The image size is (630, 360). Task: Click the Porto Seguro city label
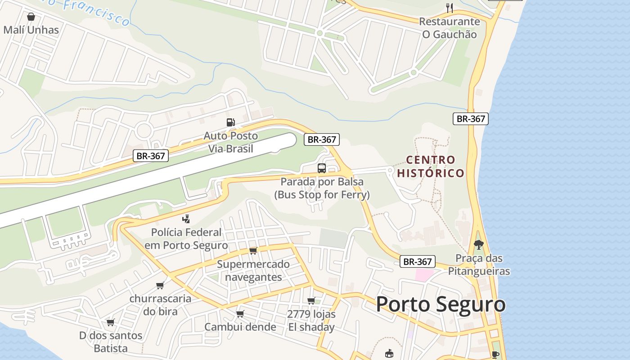click(x=441, y=305)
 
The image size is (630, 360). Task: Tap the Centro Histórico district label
click(x=431, y=166)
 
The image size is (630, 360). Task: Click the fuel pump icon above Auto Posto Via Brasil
click(x=230, y=122)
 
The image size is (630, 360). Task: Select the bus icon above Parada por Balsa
click(x=322, y=168)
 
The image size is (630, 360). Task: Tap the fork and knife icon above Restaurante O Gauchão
click(x=449, y=8)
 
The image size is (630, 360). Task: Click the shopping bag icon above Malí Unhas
click(x=31, y=17)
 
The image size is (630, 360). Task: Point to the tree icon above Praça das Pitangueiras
click(x=478, y=245)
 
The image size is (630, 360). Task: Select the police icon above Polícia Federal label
click(x=186, y=219)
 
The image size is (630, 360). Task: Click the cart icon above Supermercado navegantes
click(x=253, y=251)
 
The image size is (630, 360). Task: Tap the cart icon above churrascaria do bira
click(x=160, y=285)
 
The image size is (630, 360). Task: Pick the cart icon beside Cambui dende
click(x=240, y=314)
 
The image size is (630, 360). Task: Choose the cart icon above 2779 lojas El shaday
click(x=311, y=301)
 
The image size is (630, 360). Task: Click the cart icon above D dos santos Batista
click(x=110, y=322)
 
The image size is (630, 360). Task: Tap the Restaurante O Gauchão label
click(x=449, y=28)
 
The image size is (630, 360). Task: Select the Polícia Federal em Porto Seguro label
click(x=186, y=239)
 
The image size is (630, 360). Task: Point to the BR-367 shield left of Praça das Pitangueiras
click(x=417, y=261)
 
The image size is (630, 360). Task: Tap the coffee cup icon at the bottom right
click(x=495, y=355)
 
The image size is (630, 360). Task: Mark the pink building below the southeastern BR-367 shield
click(x=424, y=275)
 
